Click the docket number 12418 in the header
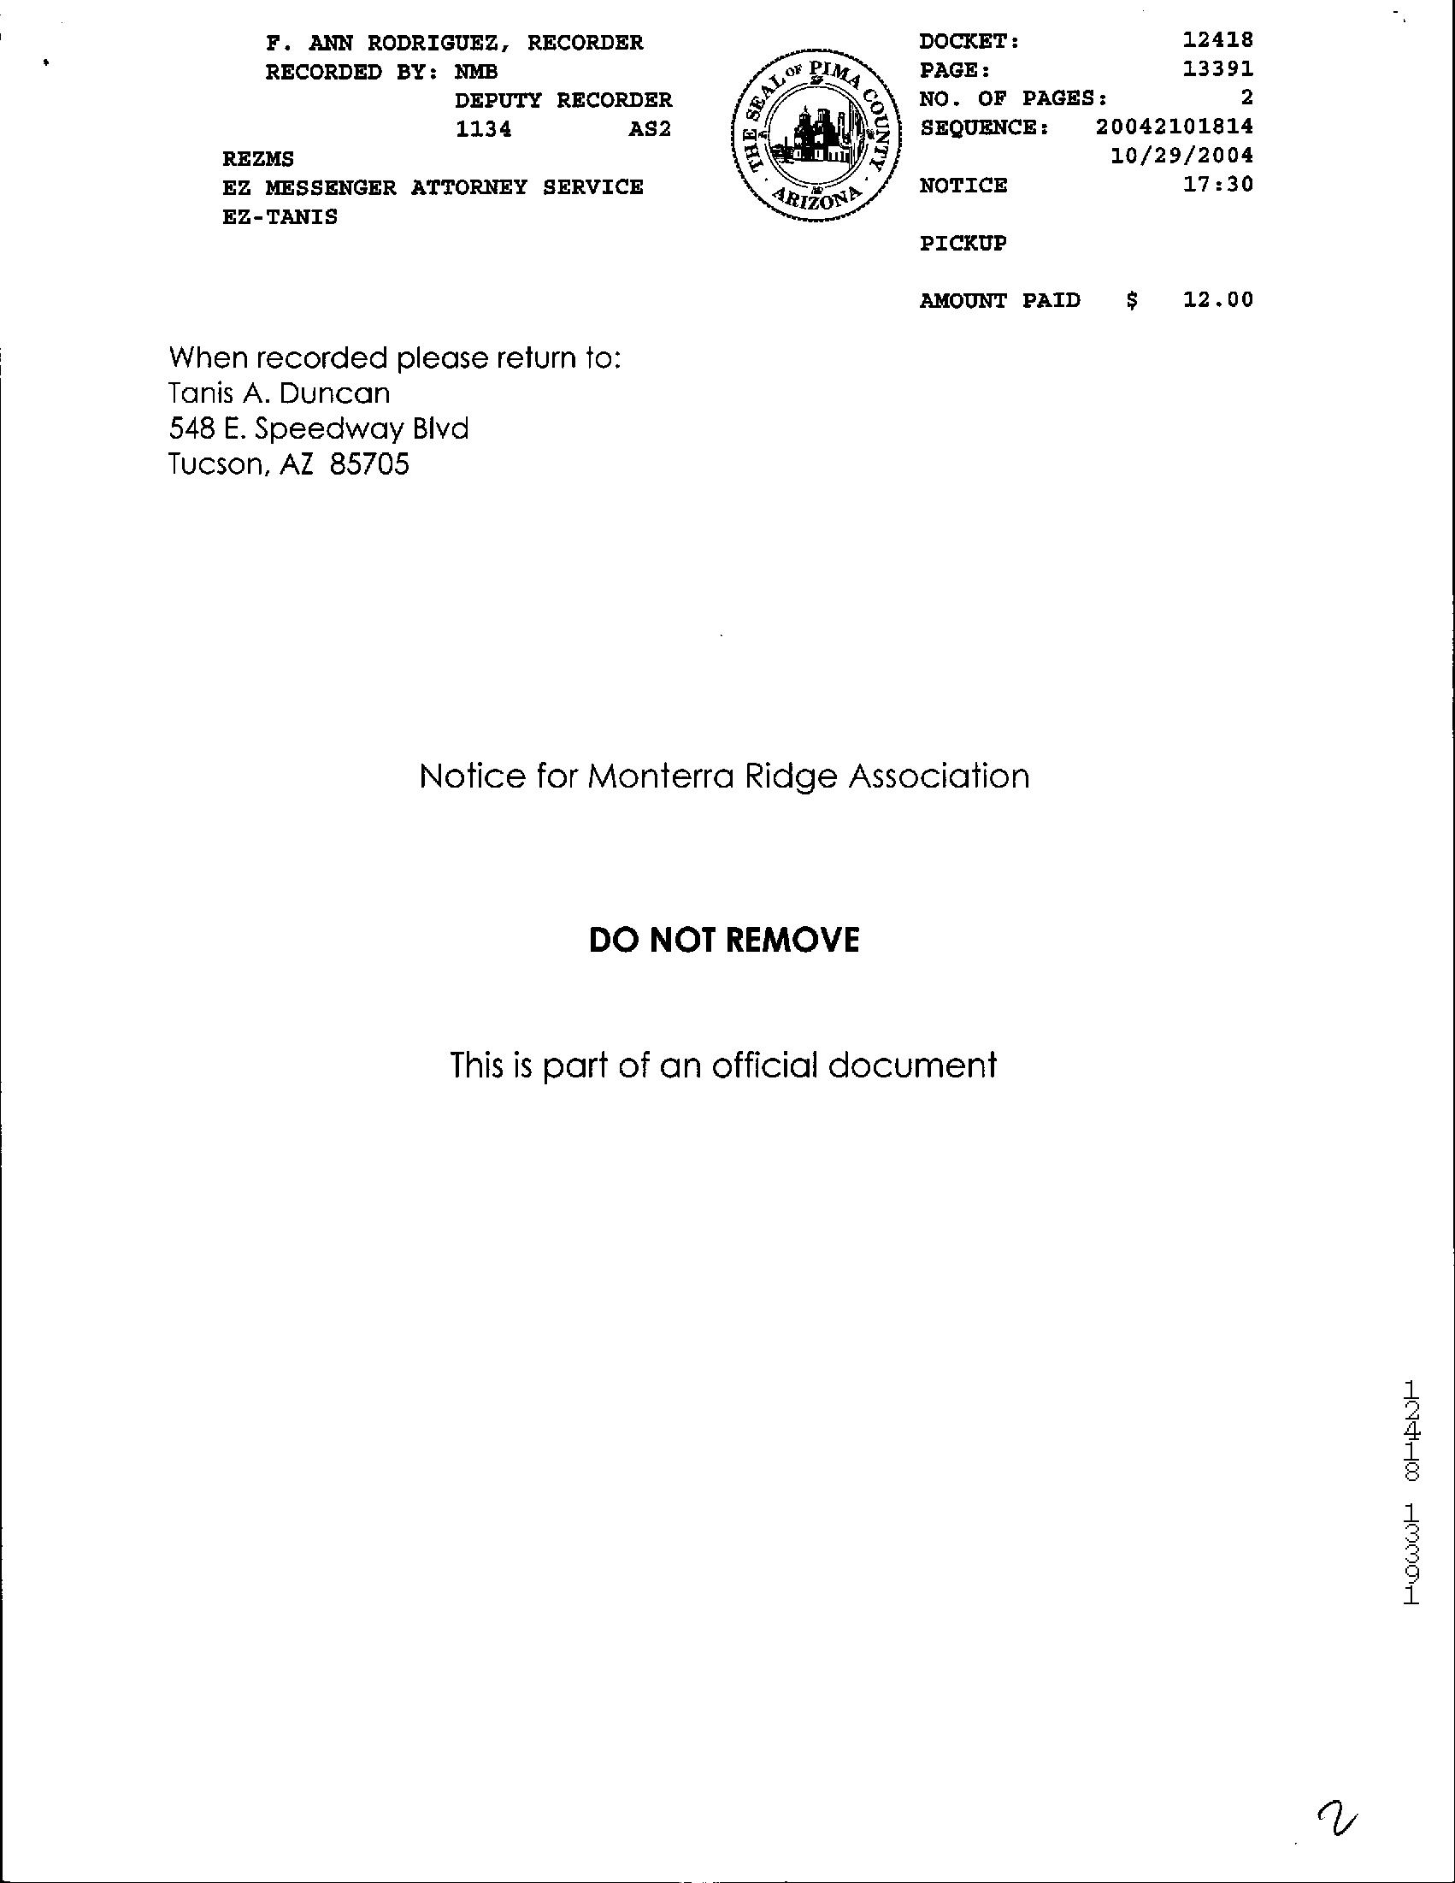click(x=1218, y=40)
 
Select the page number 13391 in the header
click(x=1218, y=69)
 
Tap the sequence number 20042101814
click(x=1175, y=127)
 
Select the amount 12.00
click(x=1218, y=300)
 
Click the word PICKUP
click(x=963, y=243)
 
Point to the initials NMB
click(x=476, y=72)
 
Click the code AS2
click(x=650, y=129)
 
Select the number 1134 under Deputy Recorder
click(x=483, y=129)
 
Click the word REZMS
click(x=257, y=159)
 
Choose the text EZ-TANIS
click(x=280, y=216)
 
